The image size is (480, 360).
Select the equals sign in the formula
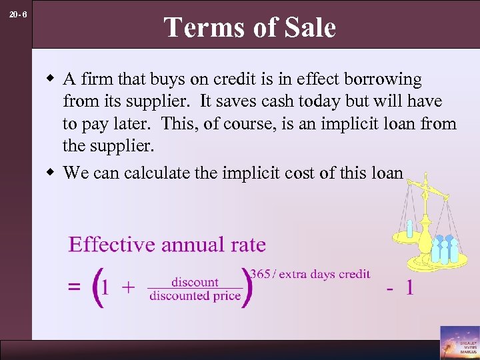[75, 287]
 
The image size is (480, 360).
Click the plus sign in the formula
[129, 287]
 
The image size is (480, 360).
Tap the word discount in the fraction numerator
[195, 282]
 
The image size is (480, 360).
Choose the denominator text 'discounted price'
[195, 296]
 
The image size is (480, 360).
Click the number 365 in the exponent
[260, 274]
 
